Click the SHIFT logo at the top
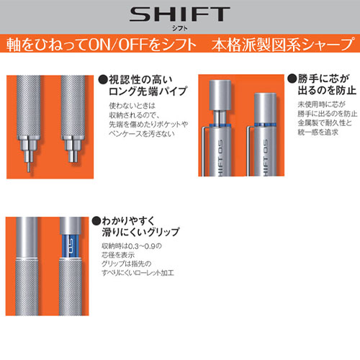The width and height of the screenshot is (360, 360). click(x=180, y=14)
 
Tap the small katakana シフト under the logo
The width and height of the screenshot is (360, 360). click(x=180, y=28)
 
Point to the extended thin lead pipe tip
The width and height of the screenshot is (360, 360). click(x=29, y=167)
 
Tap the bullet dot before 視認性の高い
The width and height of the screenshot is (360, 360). click(x=104, y=79)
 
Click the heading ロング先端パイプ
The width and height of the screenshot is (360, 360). click(x=148, y=91)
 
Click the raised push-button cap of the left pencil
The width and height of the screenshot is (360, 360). click(x=220, y=95)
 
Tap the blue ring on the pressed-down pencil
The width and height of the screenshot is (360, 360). click(x=265, y=125)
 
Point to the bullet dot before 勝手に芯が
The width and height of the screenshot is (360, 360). click(x=292, y=78)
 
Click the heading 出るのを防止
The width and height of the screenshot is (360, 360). click(x=327, y=90)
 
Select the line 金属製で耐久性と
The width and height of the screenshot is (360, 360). click(x=325, y=123)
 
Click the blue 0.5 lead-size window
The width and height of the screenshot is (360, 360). click(x=71, y=246)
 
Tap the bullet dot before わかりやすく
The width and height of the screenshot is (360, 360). click(x=96, y=221)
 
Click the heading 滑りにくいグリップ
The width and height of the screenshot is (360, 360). click(x=140, y=233)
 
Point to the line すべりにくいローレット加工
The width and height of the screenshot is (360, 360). click(x=138, y=273)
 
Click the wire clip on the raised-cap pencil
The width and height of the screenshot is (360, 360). click(x=204, y=151)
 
